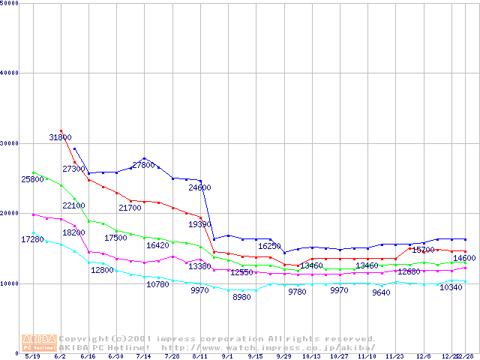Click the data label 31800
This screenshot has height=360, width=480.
61,138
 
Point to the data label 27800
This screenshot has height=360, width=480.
143,165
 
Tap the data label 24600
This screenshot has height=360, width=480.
199,187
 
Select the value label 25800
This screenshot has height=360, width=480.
32,180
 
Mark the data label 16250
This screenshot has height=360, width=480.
270,246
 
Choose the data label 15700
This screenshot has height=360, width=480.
424,250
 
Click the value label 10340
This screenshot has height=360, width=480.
451,287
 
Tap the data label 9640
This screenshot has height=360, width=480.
382,293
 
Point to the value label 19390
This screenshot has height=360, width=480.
199,224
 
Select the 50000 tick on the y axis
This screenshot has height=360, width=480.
10,3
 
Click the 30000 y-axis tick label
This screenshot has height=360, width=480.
10,143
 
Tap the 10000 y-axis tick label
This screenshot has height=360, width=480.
10,283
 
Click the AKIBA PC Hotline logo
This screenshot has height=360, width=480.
39,343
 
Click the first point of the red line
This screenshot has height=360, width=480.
61,130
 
